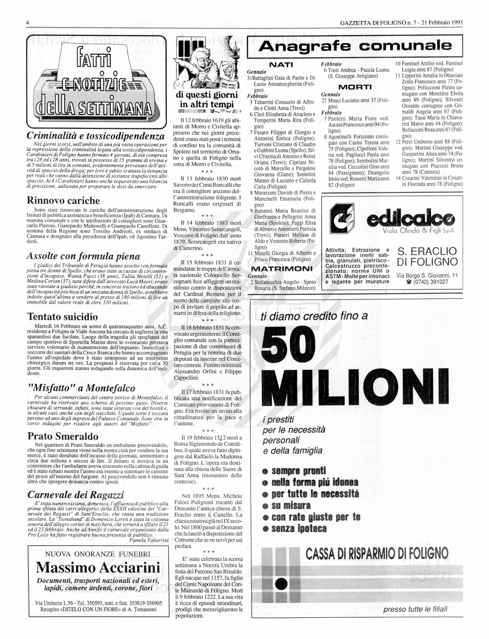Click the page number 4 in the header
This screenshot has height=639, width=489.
[27, 23]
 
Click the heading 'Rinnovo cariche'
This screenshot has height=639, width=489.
[63, 201]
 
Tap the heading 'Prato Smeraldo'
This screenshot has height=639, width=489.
[63, 436]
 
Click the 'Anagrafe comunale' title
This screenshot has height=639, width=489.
[355, 46]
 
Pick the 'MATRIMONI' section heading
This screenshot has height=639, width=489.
[281, 268]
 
